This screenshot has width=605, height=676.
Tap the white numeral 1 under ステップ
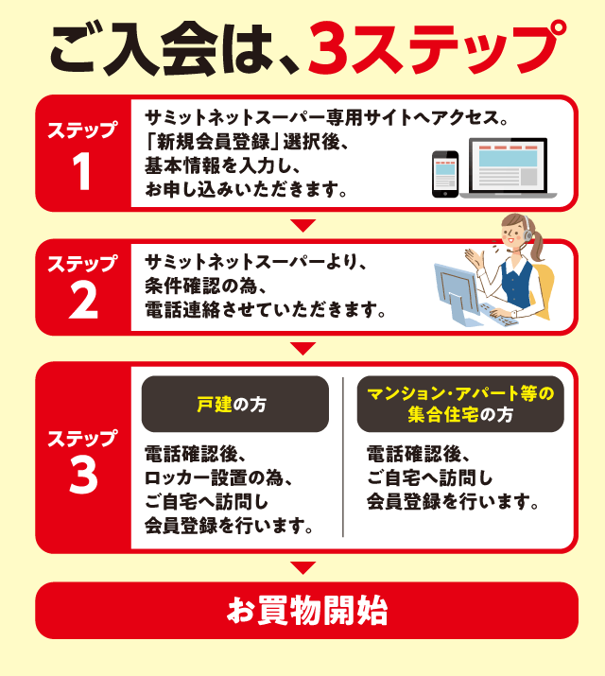point(81,171)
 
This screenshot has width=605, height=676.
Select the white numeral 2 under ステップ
point(83,302)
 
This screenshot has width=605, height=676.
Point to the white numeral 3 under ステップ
point(83,476)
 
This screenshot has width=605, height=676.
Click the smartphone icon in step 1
point(445,174)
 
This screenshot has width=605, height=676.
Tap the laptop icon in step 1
point(509,168)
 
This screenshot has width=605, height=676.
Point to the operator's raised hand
point(475,258)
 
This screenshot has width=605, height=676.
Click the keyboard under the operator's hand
point(500,315)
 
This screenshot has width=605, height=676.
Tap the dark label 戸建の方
point(234,404)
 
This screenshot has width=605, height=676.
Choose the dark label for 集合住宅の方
point(460,404)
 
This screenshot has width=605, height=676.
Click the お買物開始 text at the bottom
point(307,611)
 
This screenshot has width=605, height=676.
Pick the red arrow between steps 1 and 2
point(302,225)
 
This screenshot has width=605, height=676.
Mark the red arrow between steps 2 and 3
point(302,348)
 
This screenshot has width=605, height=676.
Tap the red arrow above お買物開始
point(302,567)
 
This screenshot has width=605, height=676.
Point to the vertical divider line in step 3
point(343,457)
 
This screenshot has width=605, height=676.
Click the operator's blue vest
point(516,283)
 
